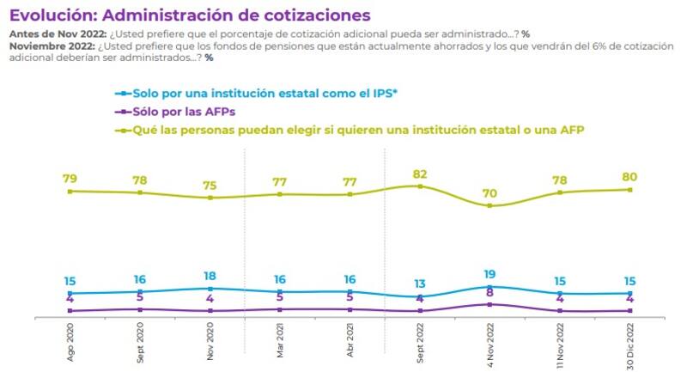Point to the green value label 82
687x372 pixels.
(419, 174)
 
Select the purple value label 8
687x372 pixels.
(489, 294)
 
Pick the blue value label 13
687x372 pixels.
(419, 284)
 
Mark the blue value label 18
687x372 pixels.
(210, 277)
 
